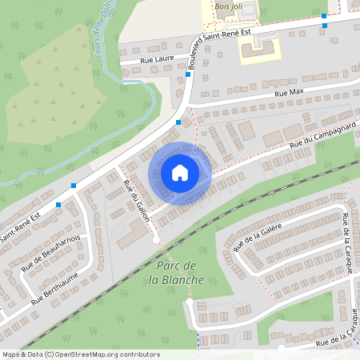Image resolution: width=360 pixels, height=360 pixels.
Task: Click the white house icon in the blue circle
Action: [x=180, y=173]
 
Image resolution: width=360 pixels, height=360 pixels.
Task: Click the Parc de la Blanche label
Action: [x=176, y=272]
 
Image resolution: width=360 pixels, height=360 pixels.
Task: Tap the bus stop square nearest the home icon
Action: [x=178, y=122]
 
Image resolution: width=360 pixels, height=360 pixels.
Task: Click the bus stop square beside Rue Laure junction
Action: [x=188, y=74]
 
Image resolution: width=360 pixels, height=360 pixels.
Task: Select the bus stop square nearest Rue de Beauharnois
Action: [x=58, y=205]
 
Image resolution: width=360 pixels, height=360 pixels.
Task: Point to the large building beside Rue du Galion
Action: [x=132, y=236]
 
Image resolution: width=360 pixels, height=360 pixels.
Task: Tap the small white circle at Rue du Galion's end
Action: [x=154, y=239]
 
